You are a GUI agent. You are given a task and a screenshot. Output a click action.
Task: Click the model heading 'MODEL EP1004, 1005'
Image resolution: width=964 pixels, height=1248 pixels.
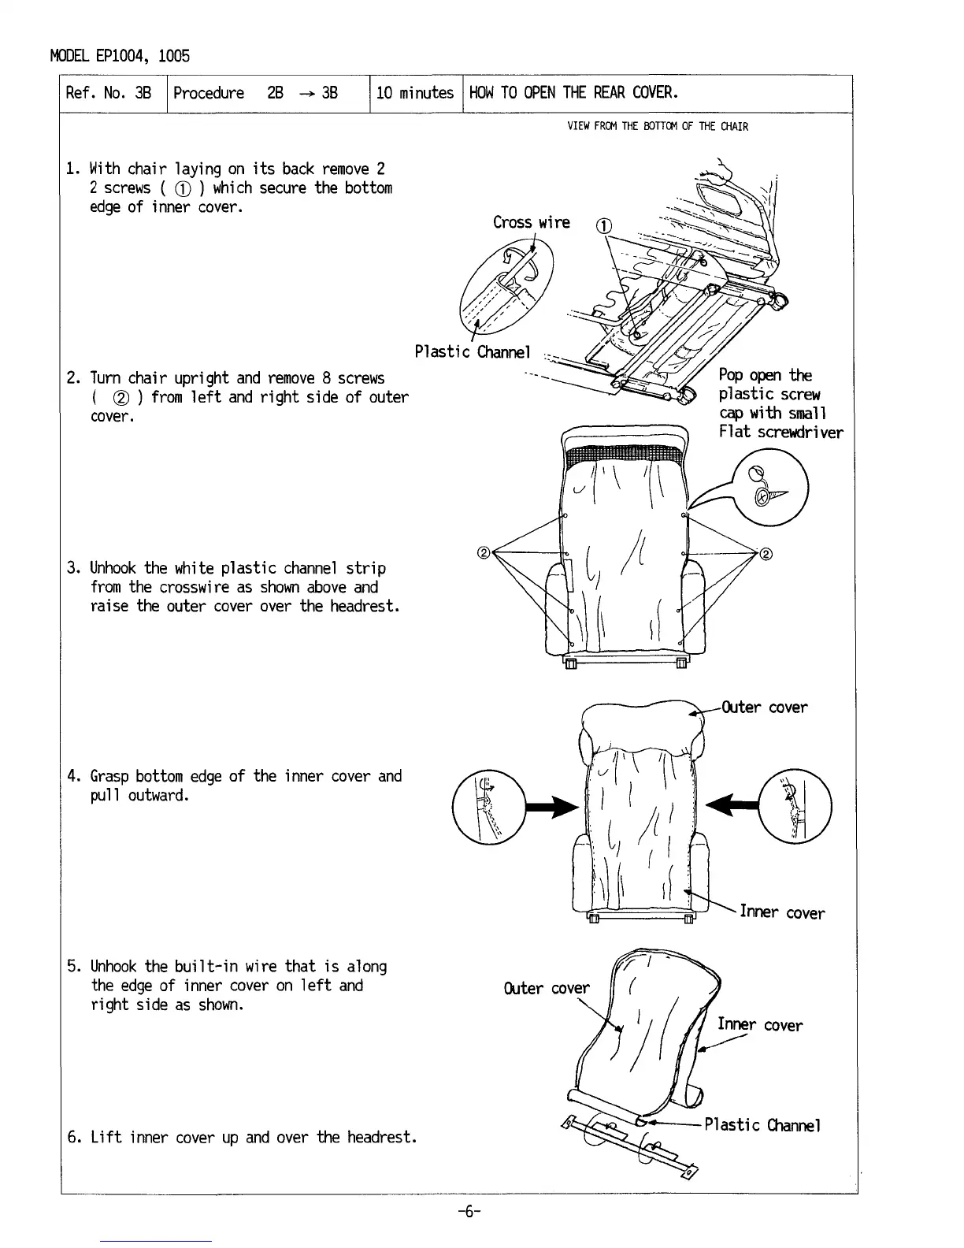[120, 56]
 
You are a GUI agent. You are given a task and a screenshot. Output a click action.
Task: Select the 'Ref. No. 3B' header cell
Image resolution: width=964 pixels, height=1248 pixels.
[109, 93]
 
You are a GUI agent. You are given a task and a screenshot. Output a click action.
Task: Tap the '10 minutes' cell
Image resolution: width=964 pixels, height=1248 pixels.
[415, 93]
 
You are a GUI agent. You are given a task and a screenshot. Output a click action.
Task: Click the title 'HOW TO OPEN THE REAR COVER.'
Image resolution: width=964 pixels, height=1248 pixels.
[573, 93]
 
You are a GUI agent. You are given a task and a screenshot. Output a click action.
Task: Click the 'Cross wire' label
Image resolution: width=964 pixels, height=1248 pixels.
[531, 222]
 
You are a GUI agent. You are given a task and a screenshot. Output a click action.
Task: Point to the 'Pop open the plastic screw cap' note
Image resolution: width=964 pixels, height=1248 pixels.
[780, 403]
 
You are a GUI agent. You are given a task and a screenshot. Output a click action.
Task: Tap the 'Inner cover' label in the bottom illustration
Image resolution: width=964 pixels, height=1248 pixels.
[759, 1025]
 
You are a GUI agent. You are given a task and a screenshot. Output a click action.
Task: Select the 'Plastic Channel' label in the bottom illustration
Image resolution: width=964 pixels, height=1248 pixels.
[762, 1125]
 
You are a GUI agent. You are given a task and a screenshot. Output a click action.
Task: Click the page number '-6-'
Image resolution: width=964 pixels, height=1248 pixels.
[469, 1213]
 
